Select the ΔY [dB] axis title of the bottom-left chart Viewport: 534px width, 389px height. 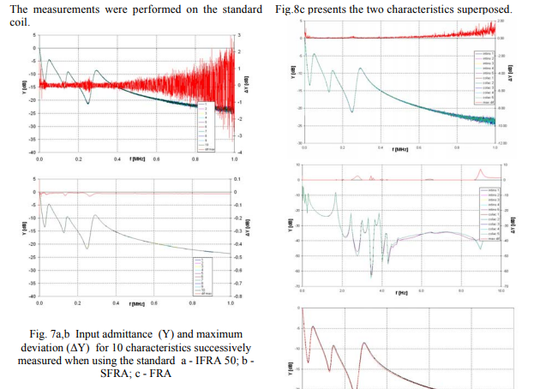245,231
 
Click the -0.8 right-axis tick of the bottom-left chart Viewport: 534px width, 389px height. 237,296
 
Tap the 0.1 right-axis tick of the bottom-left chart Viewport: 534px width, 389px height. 236,180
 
